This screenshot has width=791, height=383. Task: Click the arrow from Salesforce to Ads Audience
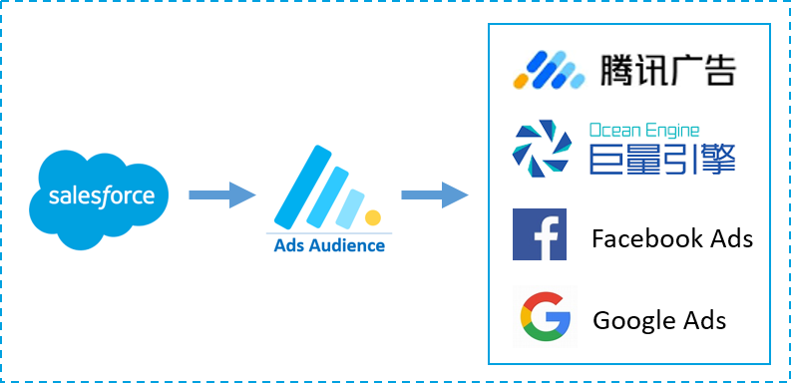click(x=222, y=194)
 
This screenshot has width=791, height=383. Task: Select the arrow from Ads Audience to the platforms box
click(x=435, y=194)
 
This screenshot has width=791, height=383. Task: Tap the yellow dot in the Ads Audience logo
click(x=373, y=217)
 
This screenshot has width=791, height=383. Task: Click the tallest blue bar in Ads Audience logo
click(x=302, y=188)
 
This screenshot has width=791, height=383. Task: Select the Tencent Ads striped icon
click(x=549, y=70)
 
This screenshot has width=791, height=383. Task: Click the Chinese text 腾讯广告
click(x=668, y=69)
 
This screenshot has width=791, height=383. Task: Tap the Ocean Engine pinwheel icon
click(x=542, y=149)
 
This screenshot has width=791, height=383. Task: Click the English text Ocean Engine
click(x=644, y=131)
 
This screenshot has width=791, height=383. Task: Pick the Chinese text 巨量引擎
click(x=662, y=160)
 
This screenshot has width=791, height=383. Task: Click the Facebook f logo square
click(x=540, y=234)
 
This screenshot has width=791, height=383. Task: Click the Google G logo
click(x=546, y=317)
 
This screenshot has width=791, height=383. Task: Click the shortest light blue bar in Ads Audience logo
click(x=350, y=208)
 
